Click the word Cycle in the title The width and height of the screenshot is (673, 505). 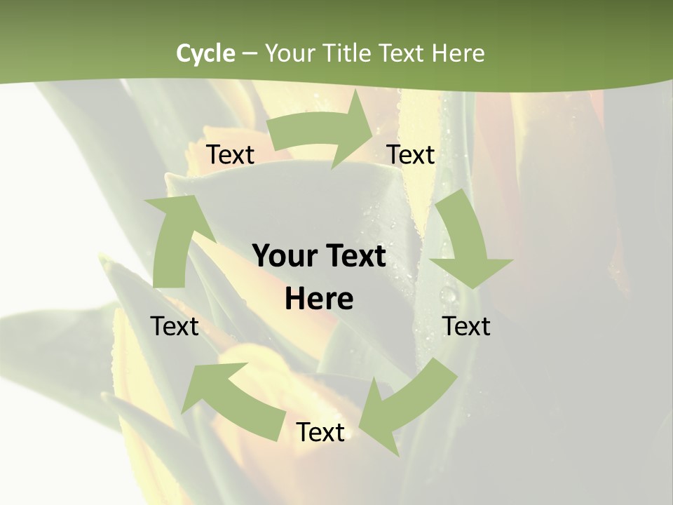pyautogui.click(x=205, y=53)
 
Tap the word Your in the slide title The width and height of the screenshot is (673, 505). pyautogui.click(x=289, y=53)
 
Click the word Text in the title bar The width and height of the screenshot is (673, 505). pyautogui.click(x=402, y=53)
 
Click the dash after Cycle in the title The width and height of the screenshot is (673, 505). pyautogui.click(x=250, y=54)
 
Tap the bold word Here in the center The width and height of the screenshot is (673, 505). pyautogui.click(x=319, y=299)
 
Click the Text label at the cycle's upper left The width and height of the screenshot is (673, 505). pyautogui.click(x=230, y=155)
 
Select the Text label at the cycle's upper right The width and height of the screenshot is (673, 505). pyautogui.click(x=411, y=155)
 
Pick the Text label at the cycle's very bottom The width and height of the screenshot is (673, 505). pyautogui.click(x=320, y=433)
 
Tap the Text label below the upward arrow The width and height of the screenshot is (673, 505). pyautogui.click(x=175, y=326)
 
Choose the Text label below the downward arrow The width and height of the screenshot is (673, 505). pyautogui.click(x=466, y=326)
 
